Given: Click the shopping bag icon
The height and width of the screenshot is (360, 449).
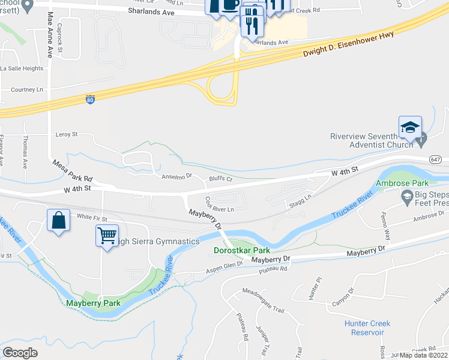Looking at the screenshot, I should point(58,220).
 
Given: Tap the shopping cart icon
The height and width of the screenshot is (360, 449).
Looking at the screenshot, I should point(106,236).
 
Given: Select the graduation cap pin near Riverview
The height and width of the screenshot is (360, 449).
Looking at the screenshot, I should point(410,127).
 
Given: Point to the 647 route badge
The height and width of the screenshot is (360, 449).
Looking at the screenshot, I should point(436,159).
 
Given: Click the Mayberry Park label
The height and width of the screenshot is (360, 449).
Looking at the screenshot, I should point(94,303).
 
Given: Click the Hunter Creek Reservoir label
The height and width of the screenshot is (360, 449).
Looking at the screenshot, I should point(367,328).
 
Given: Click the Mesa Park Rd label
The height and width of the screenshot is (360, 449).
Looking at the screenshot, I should point(73,171).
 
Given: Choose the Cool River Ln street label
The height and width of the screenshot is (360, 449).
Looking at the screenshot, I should point(220,206).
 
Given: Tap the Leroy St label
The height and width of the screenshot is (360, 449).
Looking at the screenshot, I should point(67,135).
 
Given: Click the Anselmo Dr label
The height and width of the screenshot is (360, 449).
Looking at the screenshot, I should point(176,176).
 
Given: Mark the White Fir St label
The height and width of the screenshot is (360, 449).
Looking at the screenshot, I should point(92,220).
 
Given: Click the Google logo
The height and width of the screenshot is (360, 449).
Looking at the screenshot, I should point(20,352).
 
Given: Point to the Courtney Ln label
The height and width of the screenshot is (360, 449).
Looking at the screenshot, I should point(28,89).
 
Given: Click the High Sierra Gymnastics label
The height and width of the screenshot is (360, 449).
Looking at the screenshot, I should point(158,241).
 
